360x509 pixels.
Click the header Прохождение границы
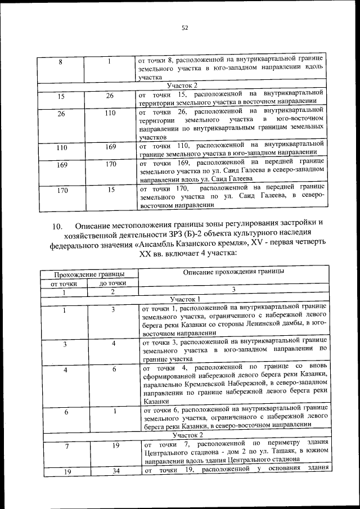tap(88, 274)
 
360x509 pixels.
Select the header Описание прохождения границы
tap(232, 272)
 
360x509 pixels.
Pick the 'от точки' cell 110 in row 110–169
tap(62, 147)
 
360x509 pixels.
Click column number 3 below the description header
tap(232, 291)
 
